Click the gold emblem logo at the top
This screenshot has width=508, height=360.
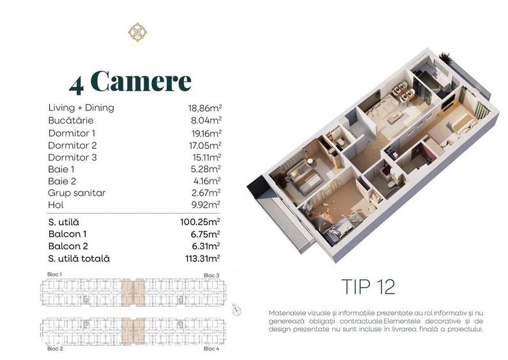137,32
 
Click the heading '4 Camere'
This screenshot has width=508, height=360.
130,81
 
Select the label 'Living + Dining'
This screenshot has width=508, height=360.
81,107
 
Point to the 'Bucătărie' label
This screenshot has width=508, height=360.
71,120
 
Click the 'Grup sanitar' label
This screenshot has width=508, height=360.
77,192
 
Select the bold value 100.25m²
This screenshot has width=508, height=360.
200,222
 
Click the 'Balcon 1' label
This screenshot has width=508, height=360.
68,234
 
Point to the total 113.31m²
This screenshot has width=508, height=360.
200,258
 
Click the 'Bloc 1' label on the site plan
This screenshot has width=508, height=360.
55,274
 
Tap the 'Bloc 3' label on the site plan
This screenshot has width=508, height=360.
212,275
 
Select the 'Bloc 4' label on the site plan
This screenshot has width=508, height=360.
212,349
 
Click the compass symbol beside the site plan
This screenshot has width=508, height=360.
237,311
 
